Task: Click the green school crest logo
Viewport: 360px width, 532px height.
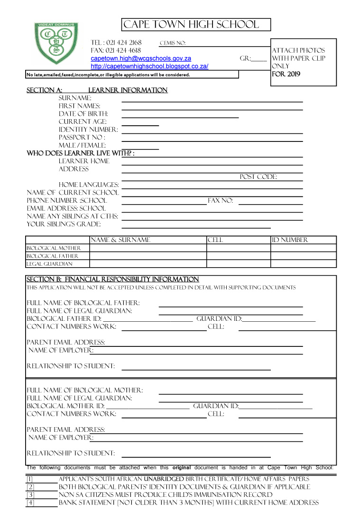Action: pyautogui.click(x=56, y=44)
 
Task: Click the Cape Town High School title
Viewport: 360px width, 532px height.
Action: pyautogui.click(x=191, y=25)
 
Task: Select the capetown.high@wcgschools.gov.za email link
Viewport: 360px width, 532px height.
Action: pyautogui.click(x=141, y=58)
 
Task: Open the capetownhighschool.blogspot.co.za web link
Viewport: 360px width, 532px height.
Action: pyautogui.click(x=149, y=66)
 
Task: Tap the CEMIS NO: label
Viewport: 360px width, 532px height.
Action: pyautogui.click(x=172, y=43)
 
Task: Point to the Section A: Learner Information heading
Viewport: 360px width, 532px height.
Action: pyautogui.click(x=97, y=90)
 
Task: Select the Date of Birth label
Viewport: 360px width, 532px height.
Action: pyautogui.click(x=83, y=114)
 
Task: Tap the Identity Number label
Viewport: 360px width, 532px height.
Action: pyautogui.click(x=88, y=130)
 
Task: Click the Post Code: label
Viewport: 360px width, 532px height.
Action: pyautogui.click(x=258, y=177)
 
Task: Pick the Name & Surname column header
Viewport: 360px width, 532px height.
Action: pyautogui.click(x=120, y=240)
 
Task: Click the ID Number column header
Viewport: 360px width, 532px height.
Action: pyautogui.click(x=290, y=240)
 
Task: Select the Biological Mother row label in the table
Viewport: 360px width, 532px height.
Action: pyautogui.click(x=54, y=248)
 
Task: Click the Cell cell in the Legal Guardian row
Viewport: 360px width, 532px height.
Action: pyautogui.click(x=238, y=264)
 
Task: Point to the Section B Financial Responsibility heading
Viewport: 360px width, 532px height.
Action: pyautogui.click(x=112, y=280)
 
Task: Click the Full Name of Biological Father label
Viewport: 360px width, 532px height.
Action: pyautogui.click(x=83, y=303)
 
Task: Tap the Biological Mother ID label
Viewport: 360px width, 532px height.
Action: pyautogui.click(x=65, y=406)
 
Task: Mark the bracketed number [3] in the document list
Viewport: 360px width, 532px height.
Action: pyautogui.click(x=30, y=495)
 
